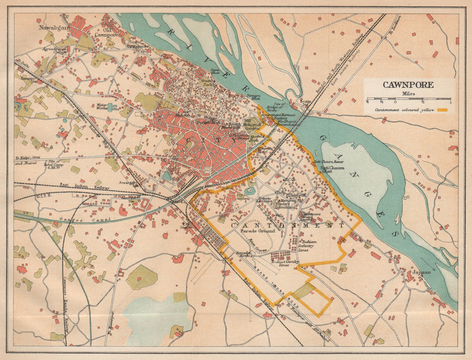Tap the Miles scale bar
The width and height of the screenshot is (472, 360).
[409, 100]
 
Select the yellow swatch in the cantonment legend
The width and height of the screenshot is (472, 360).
[442, 110]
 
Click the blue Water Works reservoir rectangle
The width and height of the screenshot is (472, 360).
[110, 107]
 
